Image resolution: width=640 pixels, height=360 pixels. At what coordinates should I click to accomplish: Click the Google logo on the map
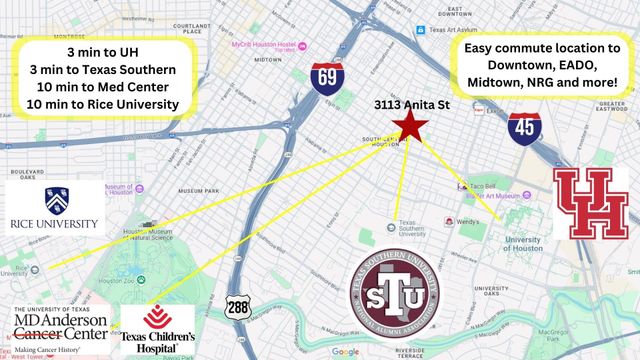pyautogui.click(x=346, y=351)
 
